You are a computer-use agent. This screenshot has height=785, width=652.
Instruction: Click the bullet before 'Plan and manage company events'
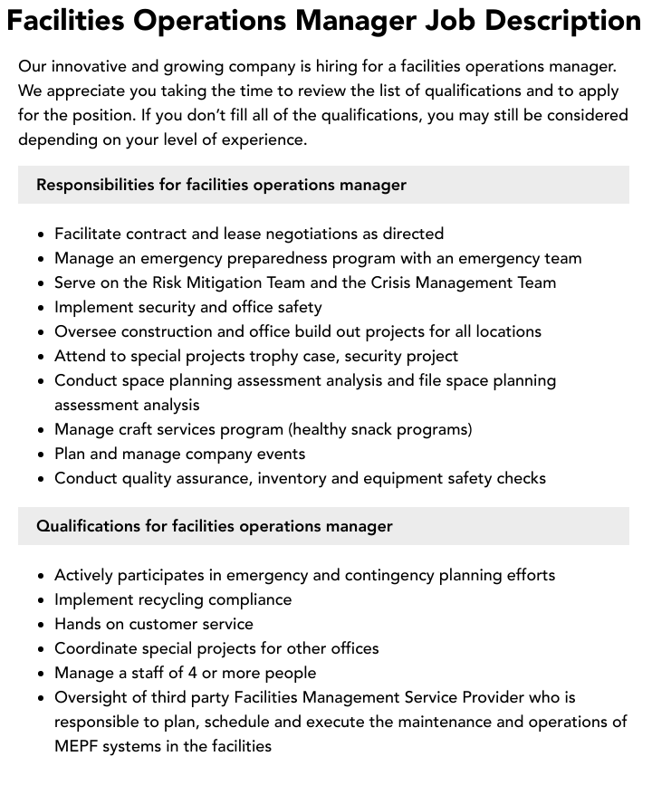click(42, 455)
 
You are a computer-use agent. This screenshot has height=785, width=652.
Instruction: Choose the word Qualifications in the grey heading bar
click(89, 526)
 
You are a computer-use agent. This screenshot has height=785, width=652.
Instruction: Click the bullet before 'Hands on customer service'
click(42, 625)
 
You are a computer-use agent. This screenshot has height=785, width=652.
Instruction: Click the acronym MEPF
click(77, 746)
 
